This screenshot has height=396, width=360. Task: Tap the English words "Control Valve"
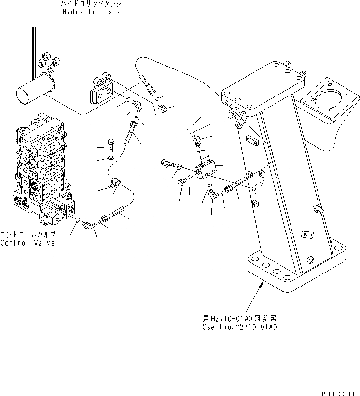coord(28,243)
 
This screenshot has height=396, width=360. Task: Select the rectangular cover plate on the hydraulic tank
coord(102,93)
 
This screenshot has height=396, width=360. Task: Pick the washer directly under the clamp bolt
coord(111,158)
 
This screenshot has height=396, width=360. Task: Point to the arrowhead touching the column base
coord(262,285)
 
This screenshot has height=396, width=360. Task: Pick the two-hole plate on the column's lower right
coord(306,234)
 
